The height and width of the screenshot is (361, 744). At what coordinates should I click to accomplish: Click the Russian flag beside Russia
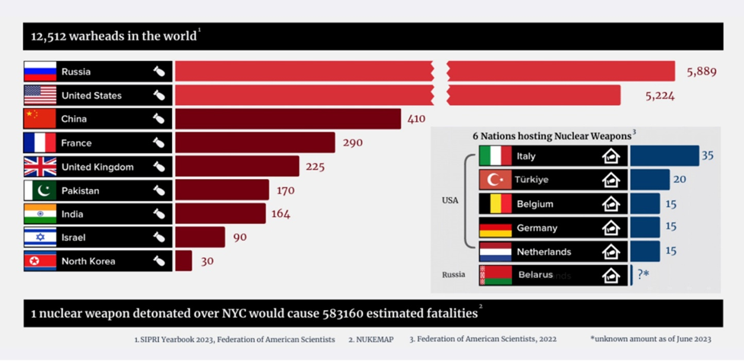[40, 72]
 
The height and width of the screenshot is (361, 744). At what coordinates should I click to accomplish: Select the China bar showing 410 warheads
[288, 119]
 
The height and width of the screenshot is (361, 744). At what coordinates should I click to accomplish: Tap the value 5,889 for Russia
[701, 72]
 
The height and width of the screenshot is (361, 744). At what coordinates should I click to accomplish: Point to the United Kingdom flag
[40, 167]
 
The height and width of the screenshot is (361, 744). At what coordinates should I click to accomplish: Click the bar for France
[255, 142]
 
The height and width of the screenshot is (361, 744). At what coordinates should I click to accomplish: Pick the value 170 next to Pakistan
[285, 190]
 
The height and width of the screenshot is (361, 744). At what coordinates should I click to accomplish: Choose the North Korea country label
[88, 261]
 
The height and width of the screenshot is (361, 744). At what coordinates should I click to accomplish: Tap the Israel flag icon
[40, 238]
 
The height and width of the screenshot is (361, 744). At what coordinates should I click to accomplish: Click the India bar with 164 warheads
[220, 214]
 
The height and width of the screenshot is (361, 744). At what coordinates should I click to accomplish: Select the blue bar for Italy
[664, 156]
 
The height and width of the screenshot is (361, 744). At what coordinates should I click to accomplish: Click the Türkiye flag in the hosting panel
[494, 180]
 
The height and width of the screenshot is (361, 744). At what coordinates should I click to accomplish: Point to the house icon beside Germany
[611, 228]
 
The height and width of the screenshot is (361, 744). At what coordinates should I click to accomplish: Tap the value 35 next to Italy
[707, 155]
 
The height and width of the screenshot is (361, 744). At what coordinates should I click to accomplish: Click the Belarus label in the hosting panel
[536, 275]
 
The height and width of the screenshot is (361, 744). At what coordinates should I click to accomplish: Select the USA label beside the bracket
[450, 200]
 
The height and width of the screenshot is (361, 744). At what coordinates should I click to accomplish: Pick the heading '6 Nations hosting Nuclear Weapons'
[553, 136]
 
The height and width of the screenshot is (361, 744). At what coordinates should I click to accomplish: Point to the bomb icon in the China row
[159, 119]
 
